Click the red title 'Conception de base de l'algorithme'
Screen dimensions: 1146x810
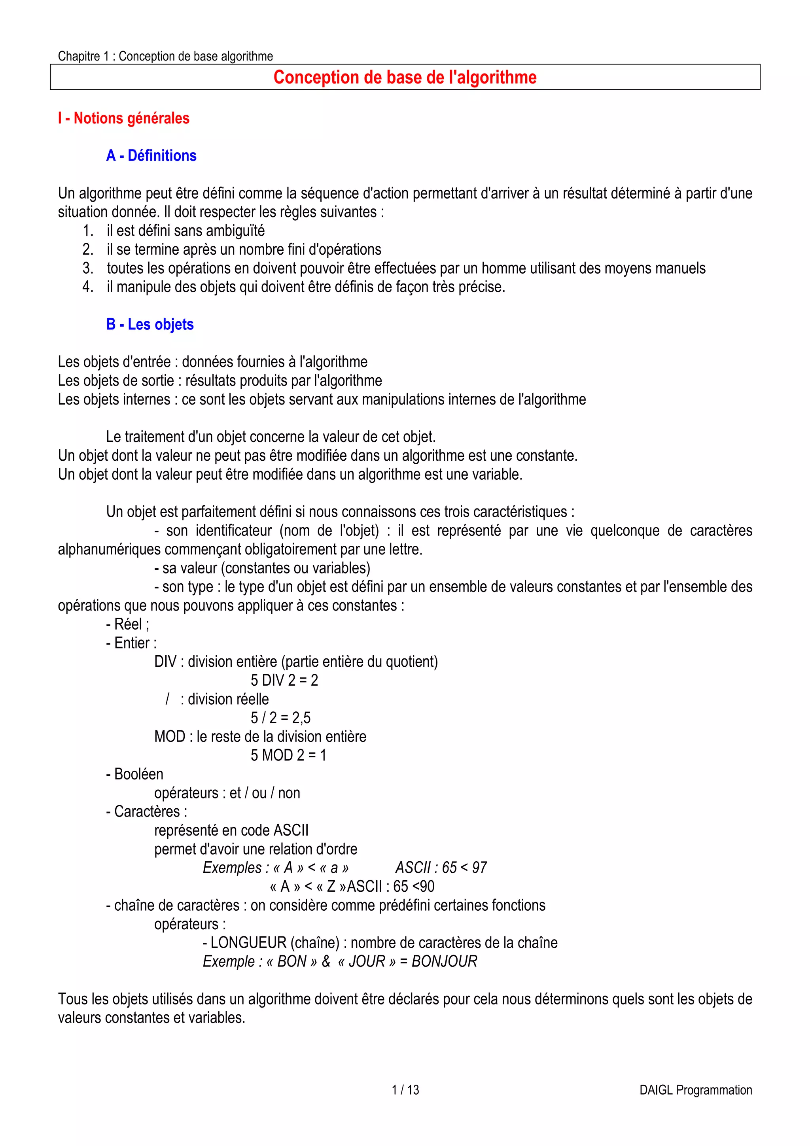(405, 78)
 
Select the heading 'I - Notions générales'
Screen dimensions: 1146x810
(124, 118)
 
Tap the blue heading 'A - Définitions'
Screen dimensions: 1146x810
(151, 156)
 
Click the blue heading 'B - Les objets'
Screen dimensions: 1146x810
(150, 324)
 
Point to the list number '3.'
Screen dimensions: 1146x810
(88, 269)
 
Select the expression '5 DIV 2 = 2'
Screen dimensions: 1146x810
(284, 680)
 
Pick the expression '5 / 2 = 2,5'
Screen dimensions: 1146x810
(280, 718)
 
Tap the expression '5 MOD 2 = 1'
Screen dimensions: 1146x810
(288, 755)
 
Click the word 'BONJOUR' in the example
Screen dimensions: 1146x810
(444, 961)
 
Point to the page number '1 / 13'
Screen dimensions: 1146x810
(405, 1090)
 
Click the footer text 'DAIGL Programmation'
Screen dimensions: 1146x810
(696, 1090)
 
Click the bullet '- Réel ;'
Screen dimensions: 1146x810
(128, 624)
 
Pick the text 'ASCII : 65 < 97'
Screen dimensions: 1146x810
(441, 868)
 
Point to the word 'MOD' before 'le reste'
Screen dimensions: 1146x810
(170, 737)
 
